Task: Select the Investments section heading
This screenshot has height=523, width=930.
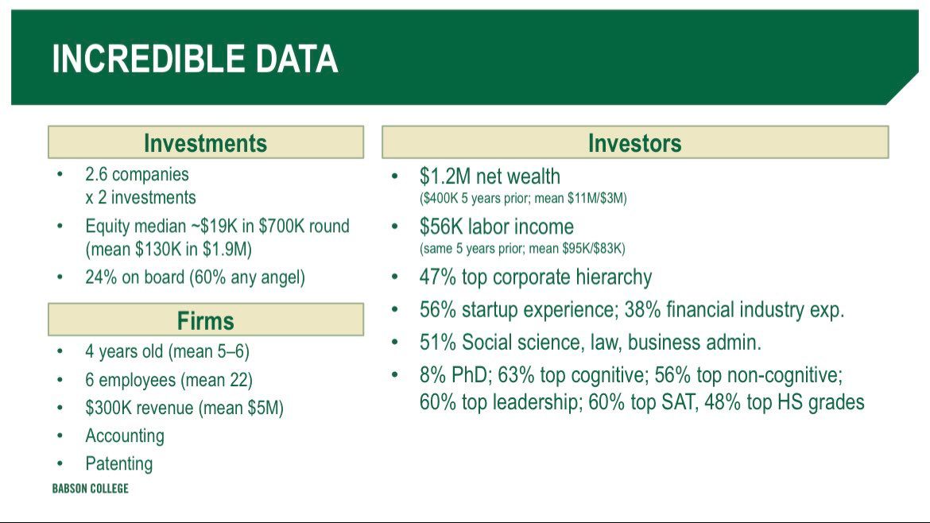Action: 205,143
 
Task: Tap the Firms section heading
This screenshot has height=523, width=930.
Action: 205,321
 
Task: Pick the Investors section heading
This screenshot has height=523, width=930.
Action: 634,143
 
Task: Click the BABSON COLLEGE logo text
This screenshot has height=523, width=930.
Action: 90,489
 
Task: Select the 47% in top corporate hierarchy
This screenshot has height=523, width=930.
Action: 438,277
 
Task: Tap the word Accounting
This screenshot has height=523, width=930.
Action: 125,436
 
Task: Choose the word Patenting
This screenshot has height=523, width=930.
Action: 118,463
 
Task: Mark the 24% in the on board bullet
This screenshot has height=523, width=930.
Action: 101,277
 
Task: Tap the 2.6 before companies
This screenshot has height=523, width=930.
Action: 96,174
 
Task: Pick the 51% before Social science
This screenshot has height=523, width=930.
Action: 437,342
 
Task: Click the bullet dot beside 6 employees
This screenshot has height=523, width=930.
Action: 60,379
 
